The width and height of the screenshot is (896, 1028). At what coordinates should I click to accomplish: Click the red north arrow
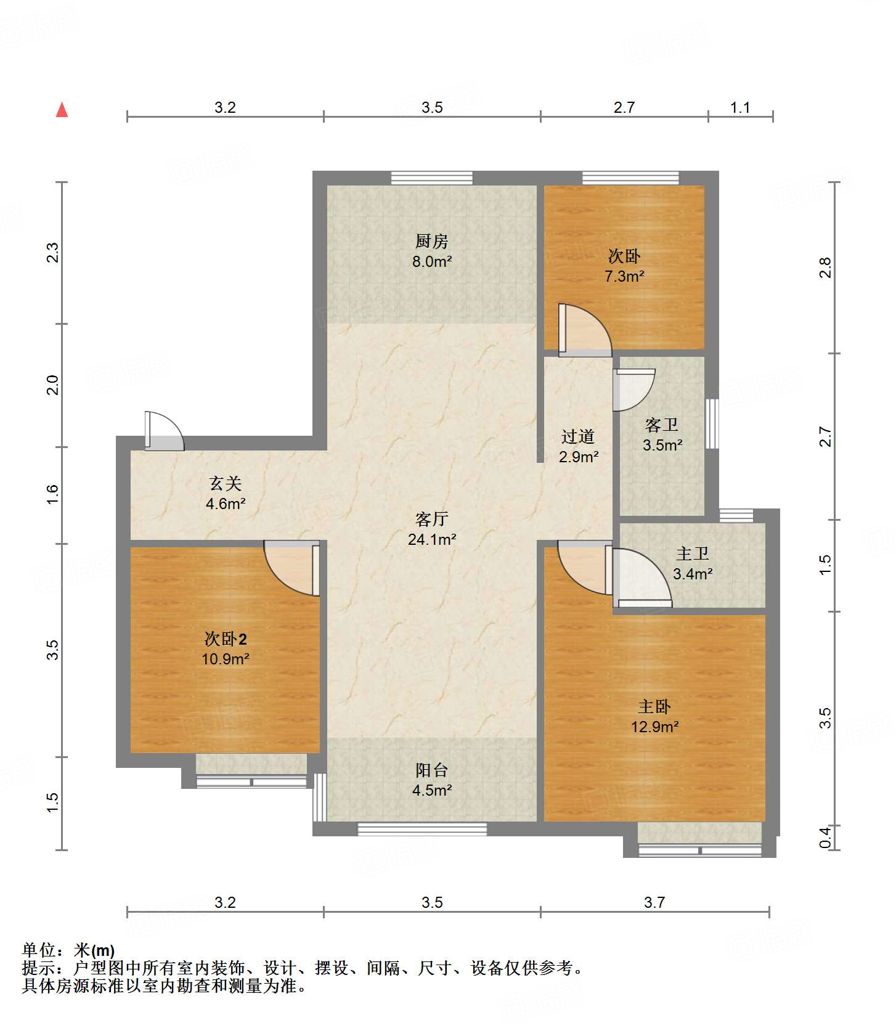click(62, 110)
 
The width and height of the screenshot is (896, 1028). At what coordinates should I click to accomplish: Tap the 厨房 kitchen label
click(431, 241)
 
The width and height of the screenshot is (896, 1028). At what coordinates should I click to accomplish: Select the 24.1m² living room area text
click(432, 539)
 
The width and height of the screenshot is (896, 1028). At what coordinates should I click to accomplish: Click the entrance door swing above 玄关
click(164, 431)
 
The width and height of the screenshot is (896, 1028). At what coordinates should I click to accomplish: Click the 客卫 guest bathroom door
click(633, 390)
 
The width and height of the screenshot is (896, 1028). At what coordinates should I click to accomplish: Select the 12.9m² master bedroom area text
click(654, 727)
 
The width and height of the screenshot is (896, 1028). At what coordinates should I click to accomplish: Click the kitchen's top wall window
click(432, 178)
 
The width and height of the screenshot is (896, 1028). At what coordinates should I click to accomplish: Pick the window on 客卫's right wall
click(712, 423)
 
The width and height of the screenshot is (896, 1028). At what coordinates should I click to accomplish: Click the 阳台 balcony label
click(431, 770)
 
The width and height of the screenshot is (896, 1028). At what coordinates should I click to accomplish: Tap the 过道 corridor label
click(578, 436)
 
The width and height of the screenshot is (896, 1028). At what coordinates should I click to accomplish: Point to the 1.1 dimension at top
click(740, 107)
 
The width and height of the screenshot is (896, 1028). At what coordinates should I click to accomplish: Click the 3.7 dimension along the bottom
click(654, 902)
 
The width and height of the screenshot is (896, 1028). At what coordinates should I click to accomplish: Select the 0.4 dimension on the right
click(826, 838)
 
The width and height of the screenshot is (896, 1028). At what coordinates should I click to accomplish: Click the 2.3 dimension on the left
click(53, 253)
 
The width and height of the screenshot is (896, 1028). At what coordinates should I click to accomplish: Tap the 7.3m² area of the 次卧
click(624, 275)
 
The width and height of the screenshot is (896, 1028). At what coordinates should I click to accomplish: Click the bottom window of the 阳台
click(422, 830)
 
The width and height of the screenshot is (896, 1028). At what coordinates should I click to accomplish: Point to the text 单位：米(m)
click(68, 950)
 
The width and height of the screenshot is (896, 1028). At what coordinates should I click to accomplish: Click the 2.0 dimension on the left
click(53, 385)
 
